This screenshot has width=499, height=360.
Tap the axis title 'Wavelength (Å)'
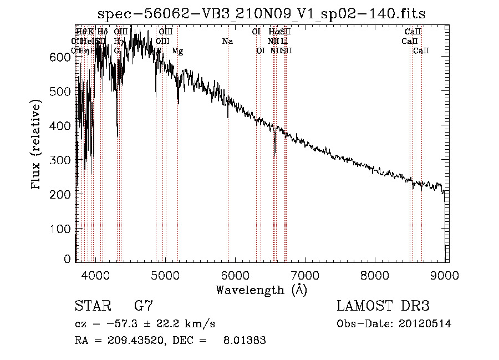[261, 290]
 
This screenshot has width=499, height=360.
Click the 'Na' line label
[227, 41]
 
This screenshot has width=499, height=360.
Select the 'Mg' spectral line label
[177, 51]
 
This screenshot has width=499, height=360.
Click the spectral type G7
[143, 306]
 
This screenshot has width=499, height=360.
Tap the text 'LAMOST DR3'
[383, 306]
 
